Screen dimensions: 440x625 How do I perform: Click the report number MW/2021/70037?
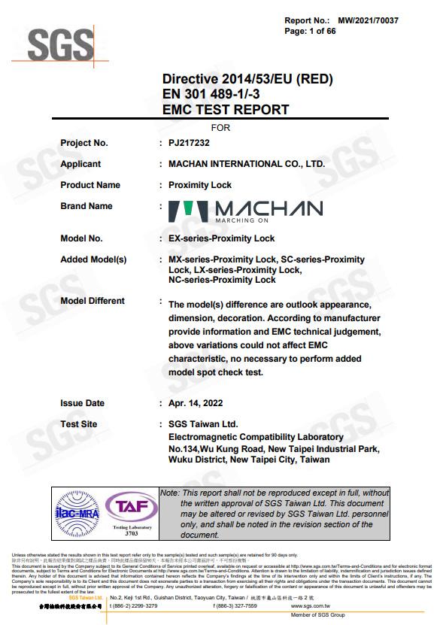368,20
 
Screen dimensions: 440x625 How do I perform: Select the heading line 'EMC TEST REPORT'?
226,110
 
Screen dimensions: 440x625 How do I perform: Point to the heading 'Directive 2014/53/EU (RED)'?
247,79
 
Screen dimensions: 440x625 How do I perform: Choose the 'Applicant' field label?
80,164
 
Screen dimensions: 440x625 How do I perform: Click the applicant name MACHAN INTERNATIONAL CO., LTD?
247,164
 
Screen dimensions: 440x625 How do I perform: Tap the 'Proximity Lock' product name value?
200,185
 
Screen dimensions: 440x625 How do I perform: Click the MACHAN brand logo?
245,211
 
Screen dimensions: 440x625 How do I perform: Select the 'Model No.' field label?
81,238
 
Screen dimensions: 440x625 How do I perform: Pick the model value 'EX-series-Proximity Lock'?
222,238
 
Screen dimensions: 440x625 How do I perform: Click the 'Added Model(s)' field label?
93,259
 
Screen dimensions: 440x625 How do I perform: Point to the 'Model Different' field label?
93,301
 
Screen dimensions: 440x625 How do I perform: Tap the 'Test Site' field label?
79,424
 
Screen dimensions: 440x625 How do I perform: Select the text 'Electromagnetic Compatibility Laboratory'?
256,437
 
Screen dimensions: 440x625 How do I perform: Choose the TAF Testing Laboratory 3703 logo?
132,514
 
